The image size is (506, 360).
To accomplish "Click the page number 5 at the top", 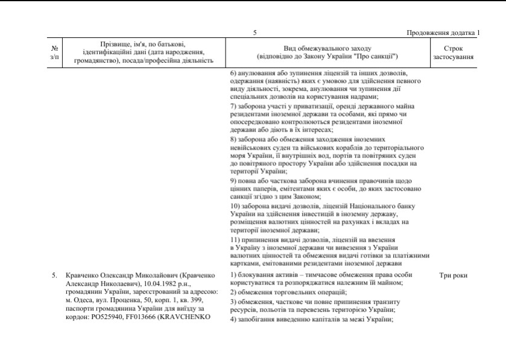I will [255, 33].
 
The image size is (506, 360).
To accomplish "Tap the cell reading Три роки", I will [454, 276].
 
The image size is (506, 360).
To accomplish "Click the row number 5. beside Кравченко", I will [55, 276].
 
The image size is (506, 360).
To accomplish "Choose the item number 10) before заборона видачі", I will [236, 206].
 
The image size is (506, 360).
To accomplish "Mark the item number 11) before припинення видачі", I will [236, 239].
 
